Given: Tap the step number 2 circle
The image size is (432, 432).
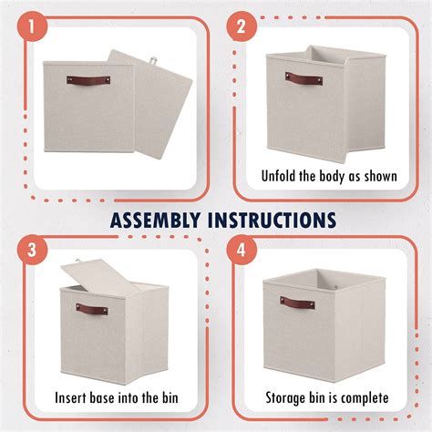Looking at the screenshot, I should [x=242, y=28].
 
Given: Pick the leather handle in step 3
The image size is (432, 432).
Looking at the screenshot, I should [x=92, y=309].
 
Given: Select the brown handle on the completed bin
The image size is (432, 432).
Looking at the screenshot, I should [x=297, y=302].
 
